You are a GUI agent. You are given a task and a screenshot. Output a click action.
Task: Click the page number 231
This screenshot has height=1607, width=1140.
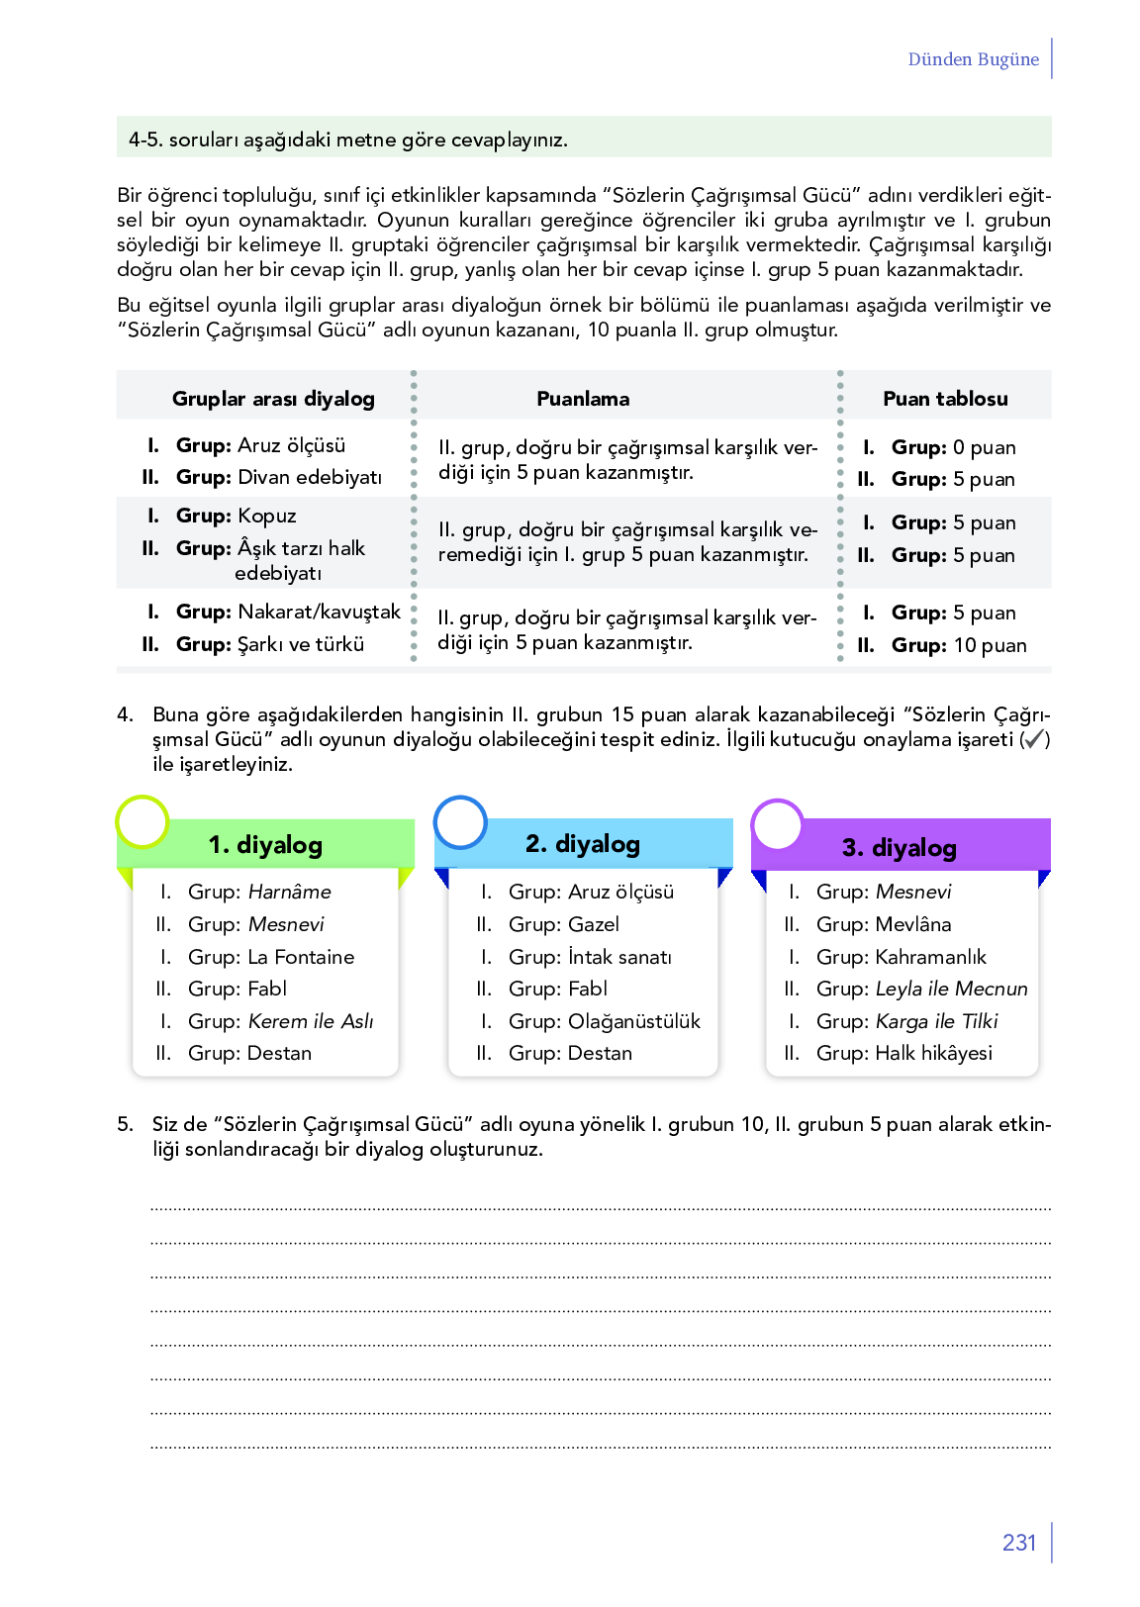1018,1543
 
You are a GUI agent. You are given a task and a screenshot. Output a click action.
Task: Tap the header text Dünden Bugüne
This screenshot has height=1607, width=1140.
973,59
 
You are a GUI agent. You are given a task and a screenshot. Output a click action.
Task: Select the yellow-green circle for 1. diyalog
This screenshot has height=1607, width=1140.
142,821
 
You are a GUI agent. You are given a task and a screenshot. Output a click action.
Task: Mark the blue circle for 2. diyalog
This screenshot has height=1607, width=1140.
460,822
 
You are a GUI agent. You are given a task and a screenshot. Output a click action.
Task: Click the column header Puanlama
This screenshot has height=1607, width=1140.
583,399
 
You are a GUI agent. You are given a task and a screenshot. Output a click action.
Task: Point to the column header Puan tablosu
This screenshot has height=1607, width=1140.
945,399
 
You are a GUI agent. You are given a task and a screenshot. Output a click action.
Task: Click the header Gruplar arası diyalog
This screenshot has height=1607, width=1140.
273,399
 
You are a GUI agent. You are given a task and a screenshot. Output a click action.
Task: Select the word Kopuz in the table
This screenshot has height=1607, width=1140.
267,516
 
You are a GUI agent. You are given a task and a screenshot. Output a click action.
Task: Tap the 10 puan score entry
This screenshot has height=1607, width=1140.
990,645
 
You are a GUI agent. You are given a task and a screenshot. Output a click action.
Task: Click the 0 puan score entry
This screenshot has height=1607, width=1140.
984,447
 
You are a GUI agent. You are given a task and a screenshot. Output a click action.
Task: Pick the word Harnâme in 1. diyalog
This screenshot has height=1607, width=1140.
289,892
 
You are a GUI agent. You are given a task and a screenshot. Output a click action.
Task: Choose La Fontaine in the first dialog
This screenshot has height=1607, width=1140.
301,957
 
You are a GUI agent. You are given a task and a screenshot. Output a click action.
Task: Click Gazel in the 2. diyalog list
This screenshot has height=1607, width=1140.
594,924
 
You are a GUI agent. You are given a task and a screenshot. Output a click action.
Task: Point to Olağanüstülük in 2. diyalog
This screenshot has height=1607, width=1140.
634,1021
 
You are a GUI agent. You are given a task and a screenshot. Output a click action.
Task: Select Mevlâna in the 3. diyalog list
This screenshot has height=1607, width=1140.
913,924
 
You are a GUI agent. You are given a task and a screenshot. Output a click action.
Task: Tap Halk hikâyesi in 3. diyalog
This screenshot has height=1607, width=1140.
933,1053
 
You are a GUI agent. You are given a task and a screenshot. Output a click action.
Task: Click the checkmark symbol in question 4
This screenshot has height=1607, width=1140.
1033,739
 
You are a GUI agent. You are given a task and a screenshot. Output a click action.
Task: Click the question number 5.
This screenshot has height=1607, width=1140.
125,1124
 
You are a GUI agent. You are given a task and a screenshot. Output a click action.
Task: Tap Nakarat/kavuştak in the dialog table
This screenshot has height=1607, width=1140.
319,612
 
